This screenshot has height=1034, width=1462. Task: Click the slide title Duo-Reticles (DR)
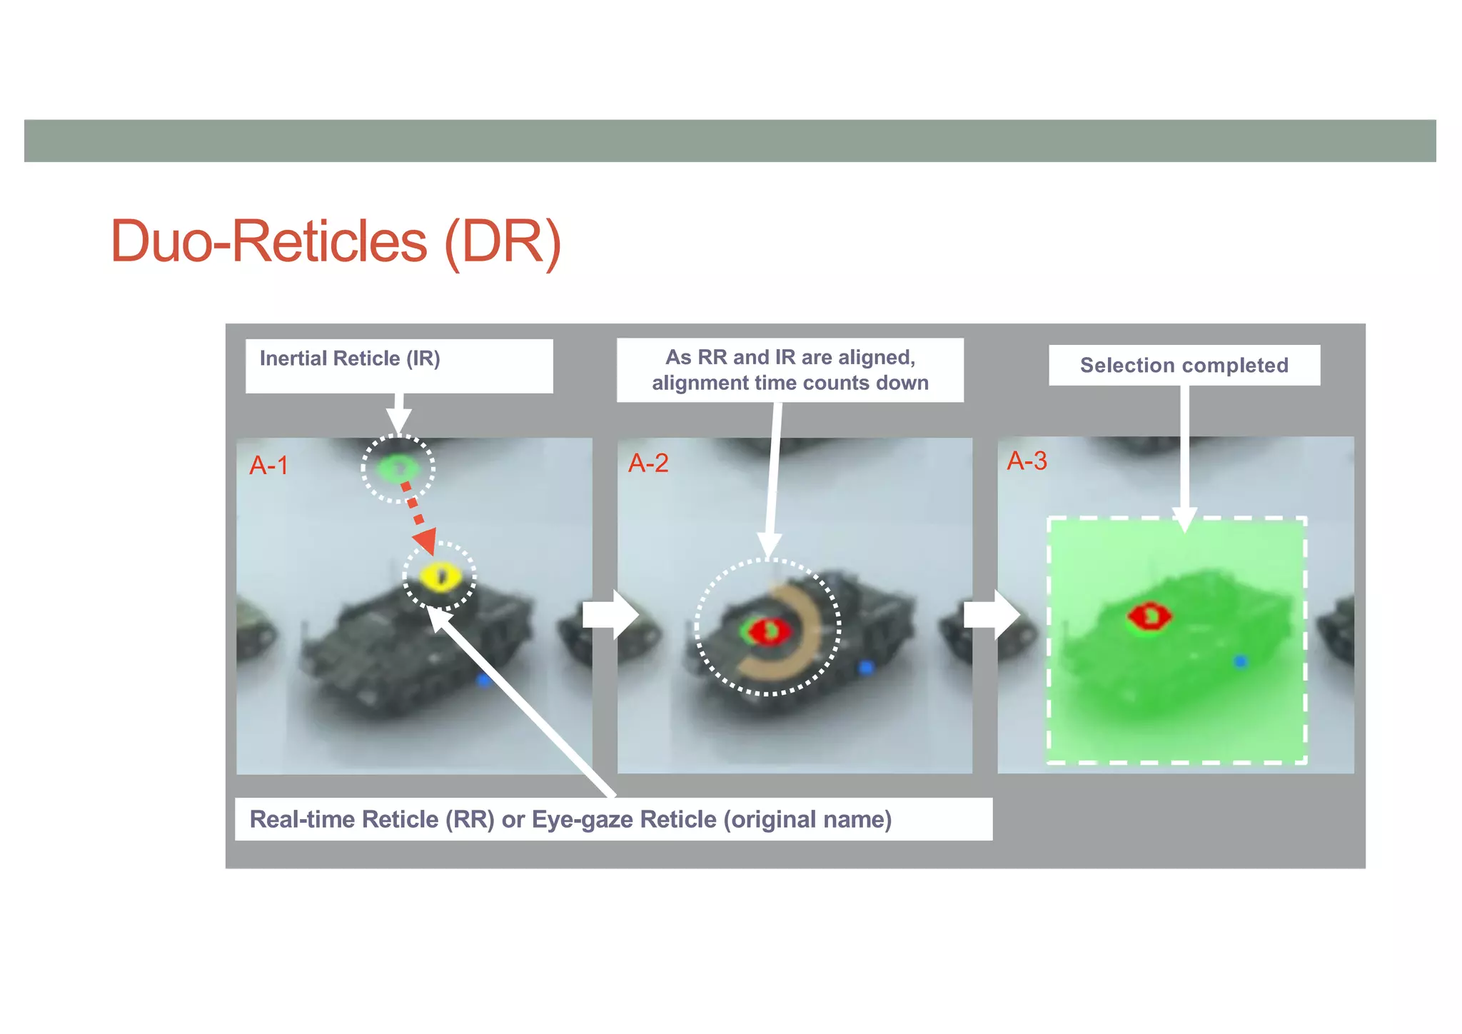click(336, 241)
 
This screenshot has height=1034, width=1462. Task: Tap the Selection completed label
click(1184, 366)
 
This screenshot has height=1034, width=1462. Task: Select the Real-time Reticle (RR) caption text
click(371, 819)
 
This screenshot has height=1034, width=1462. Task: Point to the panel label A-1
click(268, 466)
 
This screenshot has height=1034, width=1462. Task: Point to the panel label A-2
click(648, 463)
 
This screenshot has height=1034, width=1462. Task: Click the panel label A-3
click(1027, 461)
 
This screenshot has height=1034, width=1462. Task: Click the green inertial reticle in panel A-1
click(397, 468)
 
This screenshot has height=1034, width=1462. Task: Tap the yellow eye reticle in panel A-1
click(438, 576)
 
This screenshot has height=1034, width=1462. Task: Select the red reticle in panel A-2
click(771, 631)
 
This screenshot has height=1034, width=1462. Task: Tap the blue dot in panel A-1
click(483, 680)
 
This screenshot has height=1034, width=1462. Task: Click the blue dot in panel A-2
click(866, 668)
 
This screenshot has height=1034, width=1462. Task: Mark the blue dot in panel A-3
click(1241, 662)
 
